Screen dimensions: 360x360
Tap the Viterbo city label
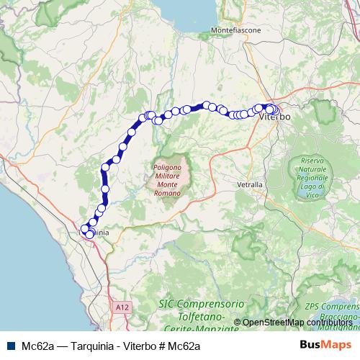coord(274,116)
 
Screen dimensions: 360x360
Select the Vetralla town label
coord(250,184)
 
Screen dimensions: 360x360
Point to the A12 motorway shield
coord(122,307)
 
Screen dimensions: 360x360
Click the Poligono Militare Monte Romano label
coord(170,176)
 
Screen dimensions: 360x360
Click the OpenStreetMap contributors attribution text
coord(297,322)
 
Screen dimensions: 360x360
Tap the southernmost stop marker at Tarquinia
coord(89,235)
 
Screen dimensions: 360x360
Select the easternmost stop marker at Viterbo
coord(275,110)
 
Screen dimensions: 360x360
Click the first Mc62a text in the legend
coord(38,346)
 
